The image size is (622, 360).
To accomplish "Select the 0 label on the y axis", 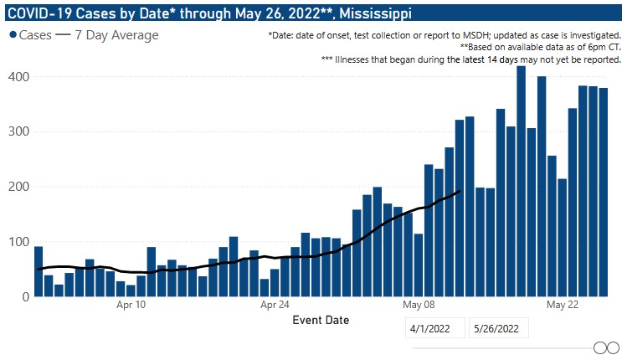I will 25,296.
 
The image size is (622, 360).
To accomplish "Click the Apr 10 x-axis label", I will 130,306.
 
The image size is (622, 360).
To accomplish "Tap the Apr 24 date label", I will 275,306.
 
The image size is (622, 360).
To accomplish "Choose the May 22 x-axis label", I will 563,306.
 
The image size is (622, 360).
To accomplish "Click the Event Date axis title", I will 321,320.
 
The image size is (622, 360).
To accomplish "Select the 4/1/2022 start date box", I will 434,329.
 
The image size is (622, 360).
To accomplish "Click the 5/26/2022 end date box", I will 499,329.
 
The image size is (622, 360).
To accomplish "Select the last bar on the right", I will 603,193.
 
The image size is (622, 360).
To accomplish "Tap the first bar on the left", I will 39,271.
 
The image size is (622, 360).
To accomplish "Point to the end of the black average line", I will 460,192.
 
